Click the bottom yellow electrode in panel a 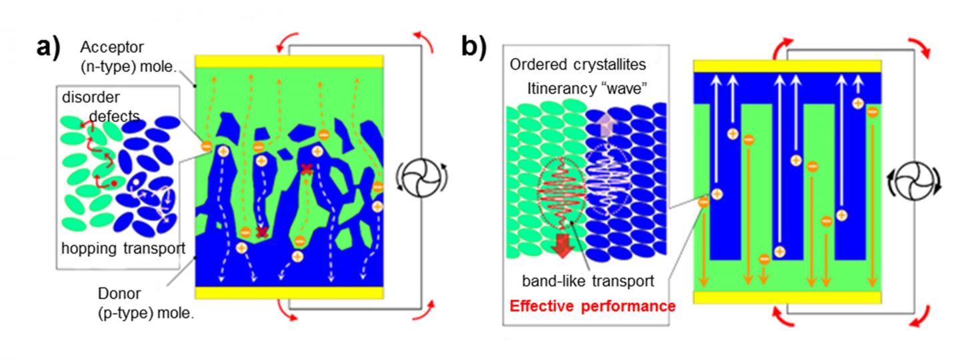tap(289, 293)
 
